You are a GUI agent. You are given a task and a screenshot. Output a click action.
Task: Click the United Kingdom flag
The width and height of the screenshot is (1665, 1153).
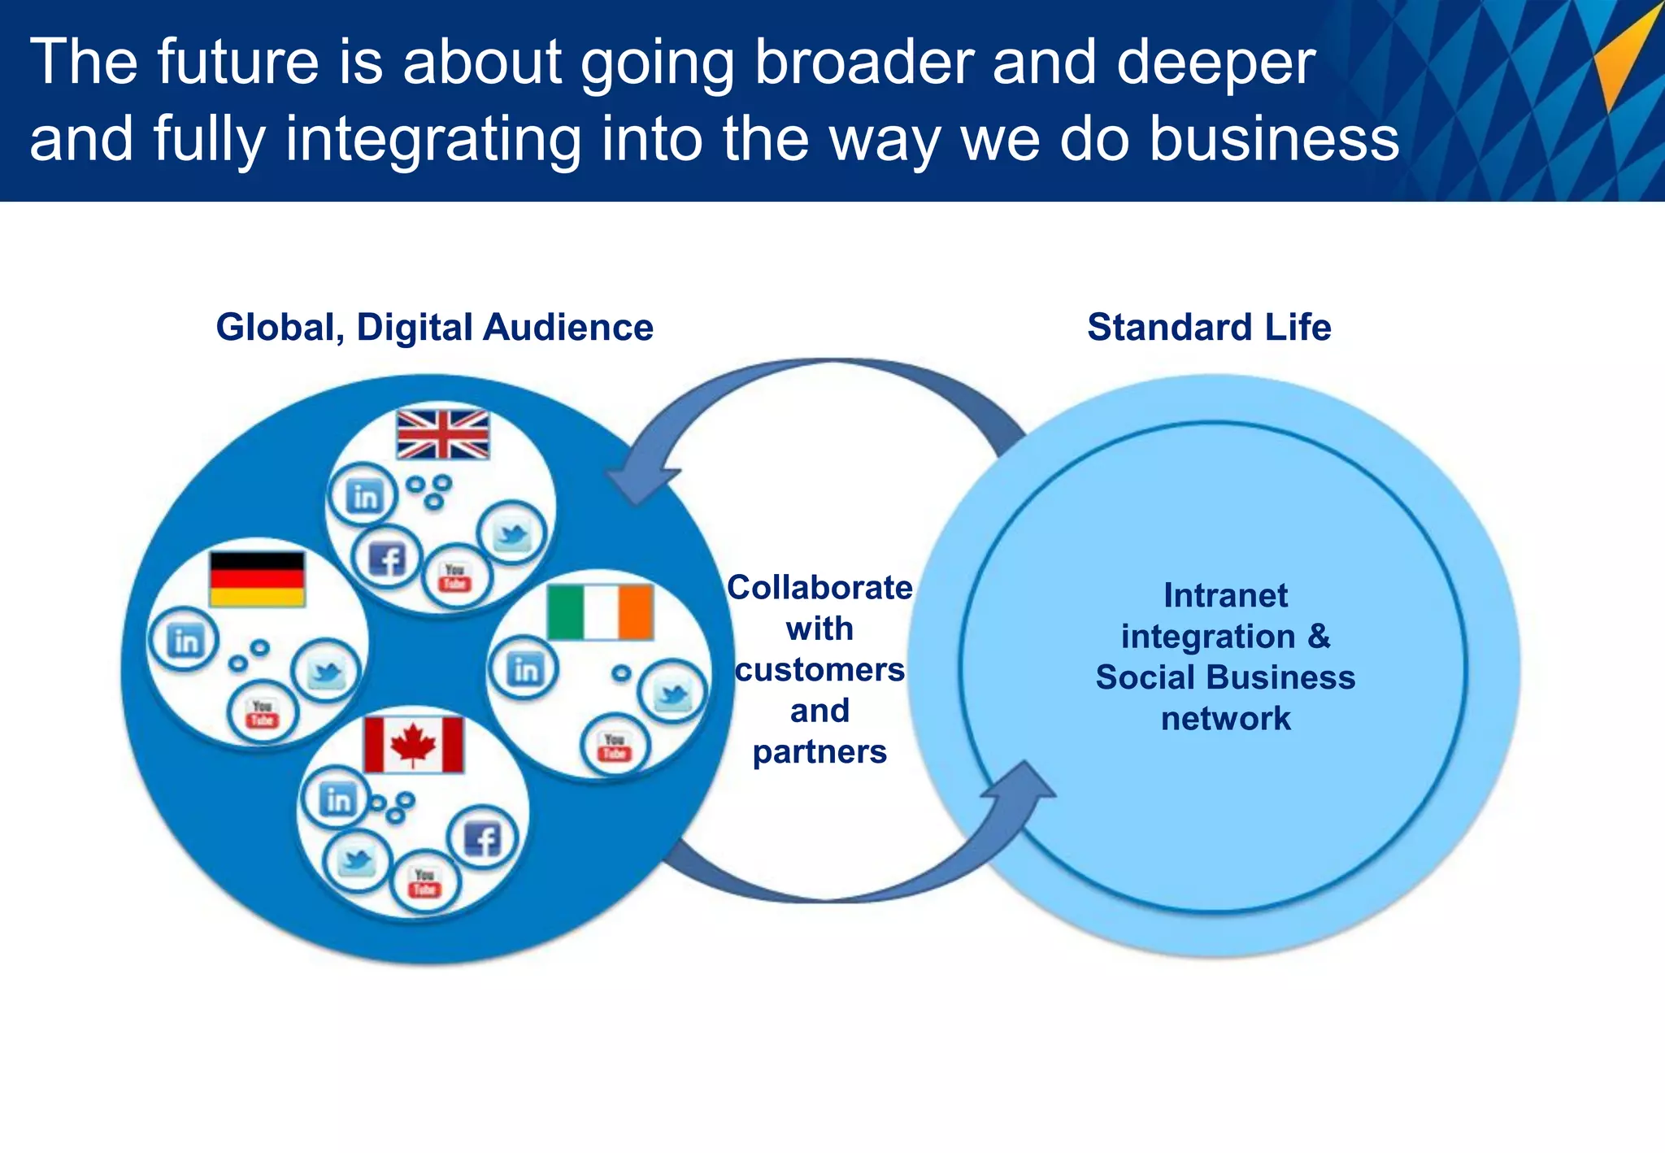(x=443, y=434)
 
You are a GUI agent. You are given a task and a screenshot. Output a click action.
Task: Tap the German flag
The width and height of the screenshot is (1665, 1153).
(x=257, y=579)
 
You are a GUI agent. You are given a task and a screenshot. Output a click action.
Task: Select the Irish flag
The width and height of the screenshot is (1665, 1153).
(x=600, y=611)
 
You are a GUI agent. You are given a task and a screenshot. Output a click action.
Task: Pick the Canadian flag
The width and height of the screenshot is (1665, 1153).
(x=413, y=745)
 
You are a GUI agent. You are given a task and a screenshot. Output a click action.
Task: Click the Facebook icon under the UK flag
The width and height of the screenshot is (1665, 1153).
(x=387, y=559)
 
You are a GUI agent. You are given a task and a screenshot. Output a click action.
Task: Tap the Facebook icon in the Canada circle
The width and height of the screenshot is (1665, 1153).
(x=482, y=838)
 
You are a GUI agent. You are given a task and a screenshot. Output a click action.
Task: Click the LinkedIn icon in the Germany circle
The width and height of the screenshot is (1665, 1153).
(x=185, y=640)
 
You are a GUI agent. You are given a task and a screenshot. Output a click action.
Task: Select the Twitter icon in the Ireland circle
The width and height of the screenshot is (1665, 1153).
(x=672, y=694)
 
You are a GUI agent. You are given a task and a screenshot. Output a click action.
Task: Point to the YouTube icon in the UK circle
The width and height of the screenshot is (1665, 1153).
(x=455, y=577)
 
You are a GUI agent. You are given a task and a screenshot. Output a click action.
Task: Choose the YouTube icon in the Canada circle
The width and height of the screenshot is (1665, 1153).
(x=424, y=882)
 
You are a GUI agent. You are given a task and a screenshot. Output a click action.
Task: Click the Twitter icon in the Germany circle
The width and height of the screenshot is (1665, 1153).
(x=326, y=672)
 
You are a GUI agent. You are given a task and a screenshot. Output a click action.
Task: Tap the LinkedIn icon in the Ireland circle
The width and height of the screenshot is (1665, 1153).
(x=524, y=668)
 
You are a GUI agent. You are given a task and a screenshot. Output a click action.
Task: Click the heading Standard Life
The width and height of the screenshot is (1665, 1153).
(x=1209, y=327)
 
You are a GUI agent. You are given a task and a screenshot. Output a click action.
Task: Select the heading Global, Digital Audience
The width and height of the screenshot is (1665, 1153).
(x=434, y=327)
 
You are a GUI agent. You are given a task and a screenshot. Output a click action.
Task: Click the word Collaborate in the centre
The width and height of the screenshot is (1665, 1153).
(x=819, y=587)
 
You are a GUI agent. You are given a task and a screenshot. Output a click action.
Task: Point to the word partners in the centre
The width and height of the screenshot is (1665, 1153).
(x=819, y=752)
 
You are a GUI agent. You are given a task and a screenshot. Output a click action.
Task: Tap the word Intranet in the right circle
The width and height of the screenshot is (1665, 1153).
(x=1225, y=595)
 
